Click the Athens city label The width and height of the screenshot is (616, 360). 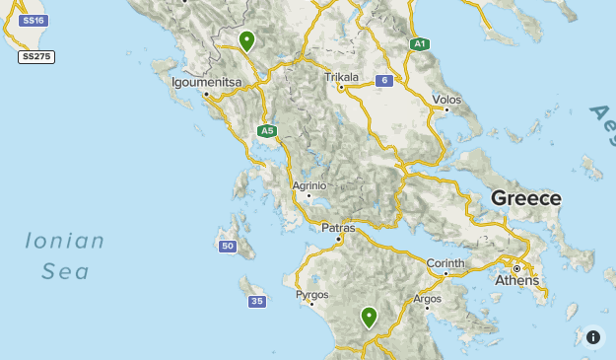517,280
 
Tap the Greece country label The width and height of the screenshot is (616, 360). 526,198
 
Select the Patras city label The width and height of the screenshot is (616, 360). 339,228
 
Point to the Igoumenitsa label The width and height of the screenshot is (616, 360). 206,82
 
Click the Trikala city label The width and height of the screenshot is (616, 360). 341,76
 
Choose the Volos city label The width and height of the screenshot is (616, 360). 446,100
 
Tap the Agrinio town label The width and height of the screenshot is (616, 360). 308,184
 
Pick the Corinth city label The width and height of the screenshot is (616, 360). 445,263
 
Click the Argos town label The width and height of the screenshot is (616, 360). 428,298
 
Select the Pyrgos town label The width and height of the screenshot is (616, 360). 312,295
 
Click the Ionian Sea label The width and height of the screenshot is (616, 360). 65,255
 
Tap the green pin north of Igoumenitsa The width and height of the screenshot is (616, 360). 246,40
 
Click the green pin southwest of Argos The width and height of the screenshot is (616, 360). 369,317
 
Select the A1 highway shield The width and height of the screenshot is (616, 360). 420,44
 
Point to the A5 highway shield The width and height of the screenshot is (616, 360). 266,130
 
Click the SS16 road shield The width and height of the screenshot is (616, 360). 33,20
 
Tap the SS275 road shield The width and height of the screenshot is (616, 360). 36,57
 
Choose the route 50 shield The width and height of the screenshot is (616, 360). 228,246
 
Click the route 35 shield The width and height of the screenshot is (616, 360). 257,301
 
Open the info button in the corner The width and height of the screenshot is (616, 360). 593,336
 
